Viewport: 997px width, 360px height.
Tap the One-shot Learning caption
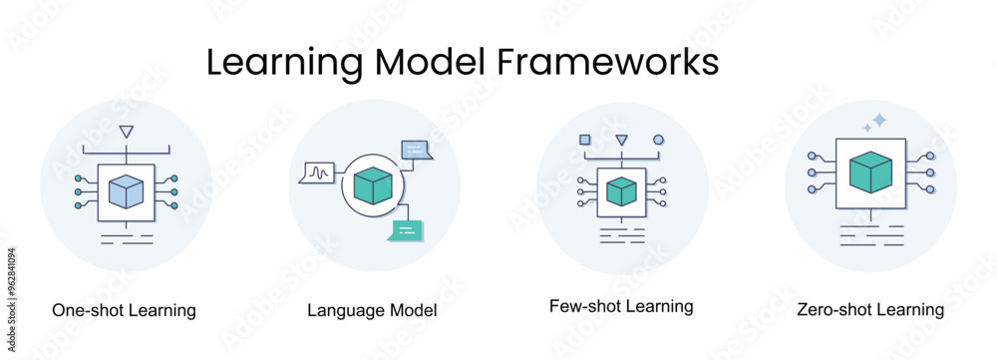[x=124, y=310]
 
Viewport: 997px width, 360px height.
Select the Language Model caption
[x=373, y=311]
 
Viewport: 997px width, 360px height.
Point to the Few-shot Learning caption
[x=621, y=306]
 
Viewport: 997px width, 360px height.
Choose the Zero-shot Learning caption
[x=870, y=310]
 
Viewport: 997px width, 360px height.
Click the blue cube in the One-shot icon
[x=127, y=190]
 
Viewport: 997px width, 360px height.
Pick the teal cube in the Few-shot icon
[x=621, y=189]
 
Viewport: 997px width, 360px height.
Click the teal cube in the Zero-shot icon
[x=869, y=172]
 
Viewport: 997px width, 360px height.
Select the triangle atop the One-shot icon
[x=125, y=131]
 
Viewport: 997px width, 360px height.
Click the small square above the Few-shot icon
[x=585, y=140]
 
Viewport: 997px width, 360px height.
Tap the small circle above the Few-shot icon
[x=658, y=140]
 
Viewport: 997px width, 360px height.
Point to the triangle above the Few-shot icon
[x=622, y=140]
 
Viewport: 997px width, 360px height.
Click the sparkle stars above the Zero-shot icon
[x=874, y=123]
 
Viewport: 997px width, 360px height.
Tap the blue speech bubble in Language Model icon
[x=416, y=150]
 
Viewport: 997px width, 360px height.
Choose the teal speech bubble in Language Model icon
[x=407, y=229]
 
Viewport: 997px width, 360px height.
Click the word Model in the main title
[x=432, y=61]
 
